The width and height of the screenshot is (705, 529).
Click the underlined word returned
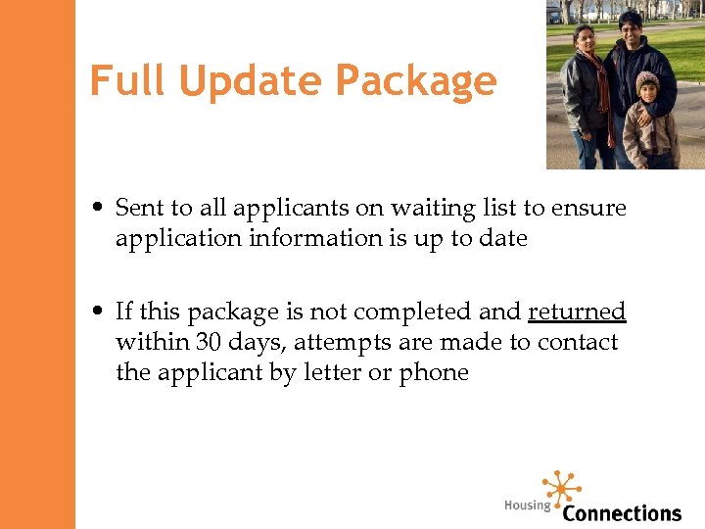point(577,312)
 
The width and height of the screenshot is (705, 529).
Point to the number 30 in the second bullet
point(208,342)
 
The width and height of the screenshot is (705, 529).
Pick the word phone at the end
point(434,373)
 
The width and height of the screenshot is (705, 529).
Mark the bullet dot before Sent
point(101,209)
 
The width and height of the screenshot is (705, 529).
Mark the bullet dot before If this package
point(101,313)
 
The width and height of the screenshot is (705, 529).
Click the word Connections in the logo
point(622,512)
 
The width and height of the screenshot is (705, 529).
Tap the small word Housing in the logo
point(528,505)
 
